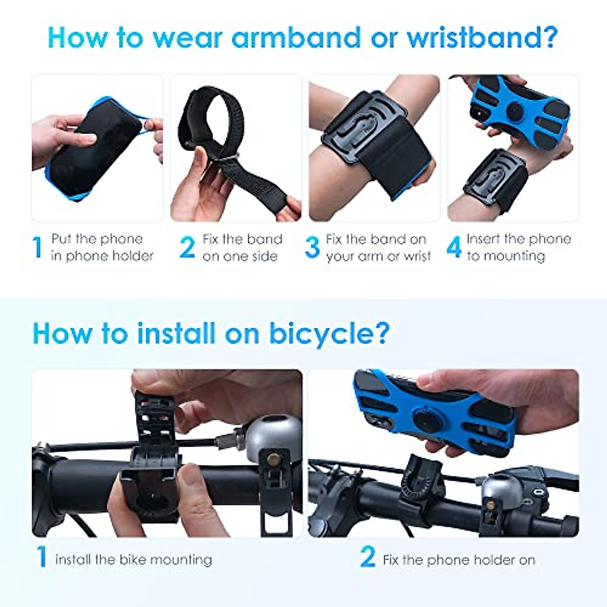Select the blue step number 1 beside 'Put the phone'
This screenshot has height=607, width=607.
coord(37,247)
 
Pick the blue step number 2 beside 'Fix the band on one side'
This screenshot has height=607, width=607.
coord(187,247)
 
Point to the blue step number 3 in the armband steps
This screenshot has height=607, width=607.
coord(313,247)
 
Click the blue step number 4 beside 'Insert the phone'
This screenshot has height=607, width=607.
coord(454,247)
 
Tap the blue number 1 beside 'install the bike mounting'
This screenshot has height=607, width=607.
coord(42,557)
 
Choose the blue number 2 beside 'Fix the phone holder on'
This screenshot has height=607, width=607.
coord(368,557)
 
